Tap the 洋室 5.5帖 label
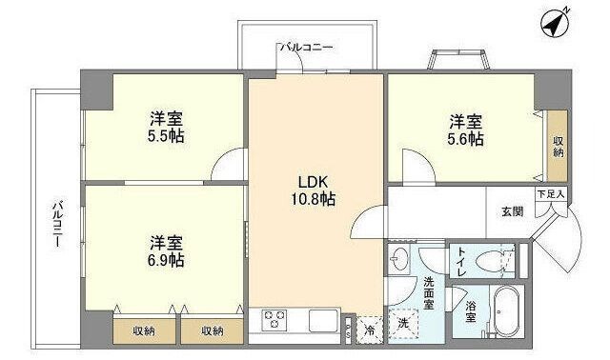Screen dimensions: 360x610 click(x=166, y=128)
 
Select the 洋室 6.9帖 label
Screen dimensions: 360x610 click(x=166, y=250)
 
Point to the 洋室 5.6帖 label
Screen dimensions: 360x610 click(x=466, y=130)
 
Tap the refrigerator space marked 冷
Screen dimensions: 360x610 click(x=370, y=330)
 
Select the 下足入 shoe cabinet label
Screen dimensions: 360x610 click(x=550, y=194)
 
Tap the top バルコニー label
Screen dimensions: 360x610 click(x=306, y=45)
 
